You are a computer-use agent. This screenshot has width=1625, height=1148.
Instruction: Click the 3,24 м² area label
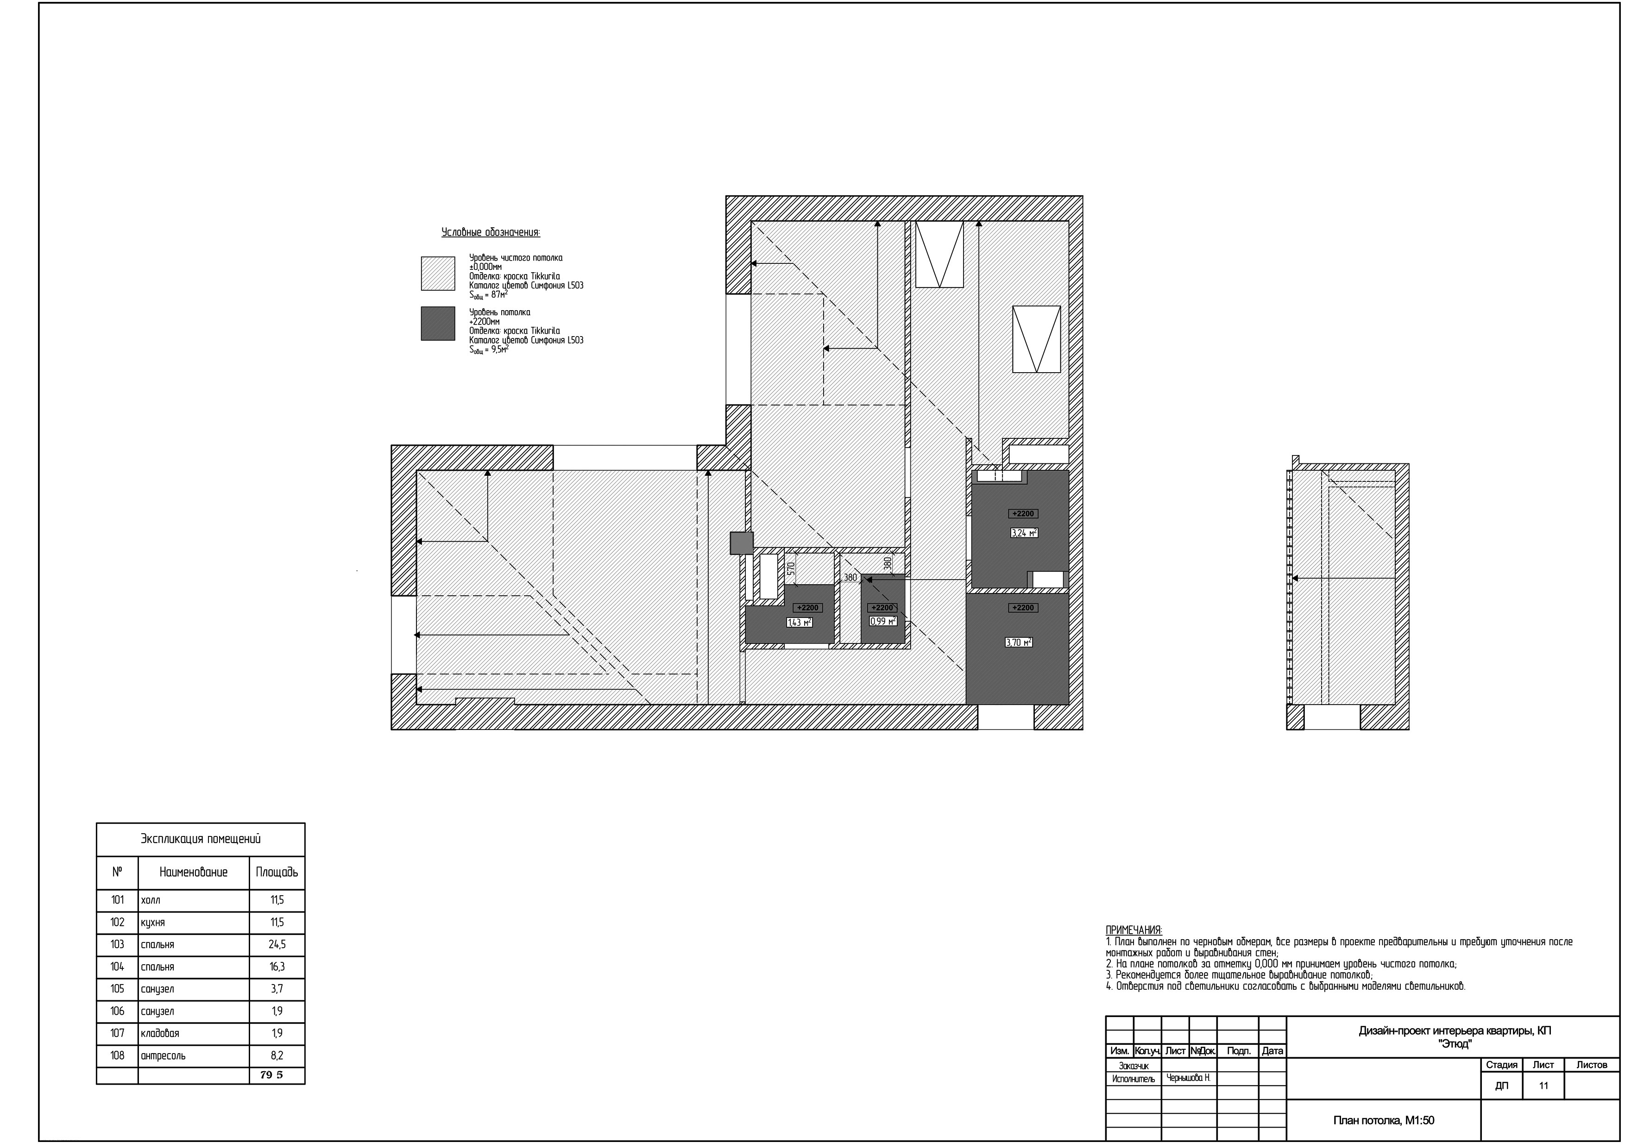point(1024,533)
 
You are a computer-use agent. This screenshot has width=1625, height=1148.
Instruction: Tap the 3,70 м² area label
point(1019,642)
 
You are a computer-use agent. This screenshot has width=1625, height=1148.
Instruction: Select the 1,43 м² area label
point(799,623)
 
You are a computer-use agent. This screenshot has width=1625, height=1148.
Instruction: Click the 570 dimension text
point(791,568)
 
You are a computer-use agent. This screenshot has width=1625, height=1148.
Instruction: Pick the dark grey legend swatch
point(438,323)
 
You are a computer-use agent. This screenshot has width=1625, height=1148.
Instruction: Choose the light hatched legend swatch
point(438,273)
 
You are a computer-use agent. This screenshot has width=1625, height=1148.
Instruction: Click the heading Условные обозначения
point(491,232)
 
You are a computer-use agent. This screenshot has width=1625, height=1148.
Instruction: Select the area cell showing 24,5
point(277,944)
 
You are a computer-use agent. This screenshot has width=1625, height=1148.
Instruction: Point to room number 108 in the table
point(118,1055)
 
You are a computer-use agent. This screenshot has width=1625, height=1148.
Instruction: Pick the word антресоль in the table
point(164,1055)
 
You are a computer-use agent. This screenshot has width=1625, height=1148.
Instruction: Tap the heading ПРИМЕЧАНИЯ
point(1134,930)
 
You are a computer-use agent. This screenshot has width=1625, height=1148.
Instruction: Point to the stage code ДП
point(1501,1086)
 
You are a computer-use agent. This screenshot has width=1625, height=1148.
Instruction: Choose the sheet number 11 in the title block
point(1543,1086)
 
